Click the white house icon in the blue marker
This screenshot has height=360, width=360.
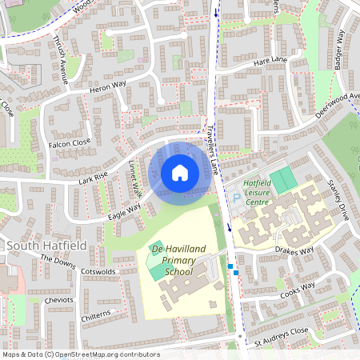(x=180, y=173)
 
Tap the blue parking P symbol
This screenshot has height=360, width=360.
(x=235, y=198)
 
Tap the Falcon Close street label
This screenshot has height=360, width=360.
(x=70, y=144)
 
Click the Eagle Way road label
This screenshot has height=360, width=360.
(x=124, y=210)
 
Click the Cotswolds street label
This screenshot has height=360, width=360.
(x=99, y=272)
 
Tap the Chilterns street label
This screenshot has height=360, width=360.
(x=100, y=318)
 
